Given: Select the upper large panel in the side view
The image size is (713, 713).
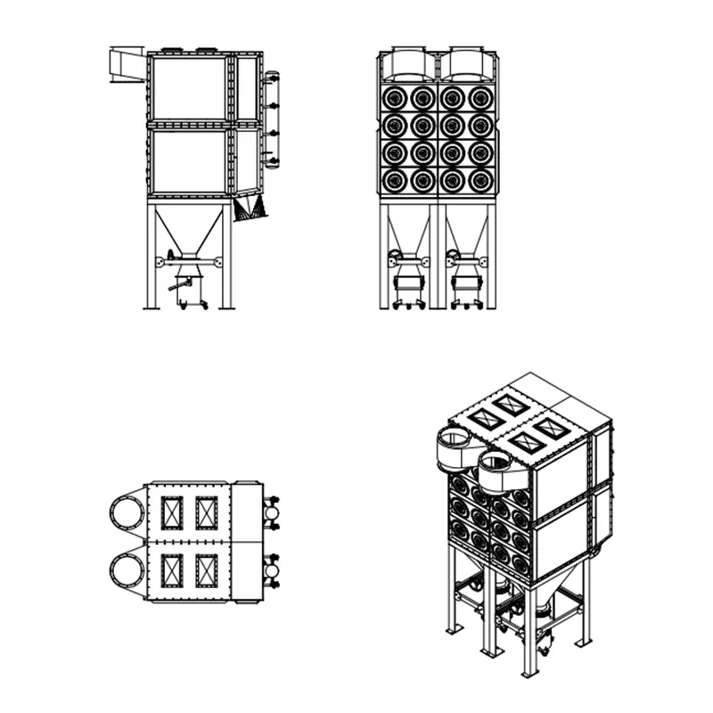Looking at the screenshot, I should [x=189, y=87].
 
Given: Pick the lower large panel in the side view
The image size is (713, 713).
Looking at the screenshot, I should [x=189, y=160].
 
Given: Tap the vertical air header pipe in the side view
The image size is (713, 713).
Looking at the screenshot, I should [x=272, y=119].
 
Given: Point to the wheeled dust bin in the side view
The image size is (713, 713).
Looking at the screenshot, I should [x=190, y=291].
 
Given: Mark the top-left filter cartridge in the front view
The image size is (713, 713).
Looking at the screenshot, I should [x=394, y=97].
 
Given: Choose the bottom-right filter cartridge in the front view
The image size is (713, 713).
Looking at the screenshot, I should [x=481, y=181].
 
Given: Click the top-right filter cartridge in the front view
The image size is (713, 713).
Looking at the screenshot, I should [x=481, y=97].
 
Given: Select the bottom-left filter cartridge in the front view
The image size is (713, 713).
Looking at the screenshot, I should [x=394, y=181].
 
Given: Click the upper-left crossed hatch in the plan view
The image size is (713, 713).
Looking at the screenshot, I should [x=171, y=512].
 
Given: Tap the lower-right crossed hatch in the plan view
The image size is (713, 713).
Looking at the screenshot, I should [x=207, y=570].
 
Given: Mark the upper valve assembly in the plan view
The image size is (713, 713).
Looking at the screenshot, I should [x=273, y=512].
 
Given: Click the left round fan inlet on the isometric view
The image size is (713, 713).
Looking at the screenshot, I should [x=456, y=446].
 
